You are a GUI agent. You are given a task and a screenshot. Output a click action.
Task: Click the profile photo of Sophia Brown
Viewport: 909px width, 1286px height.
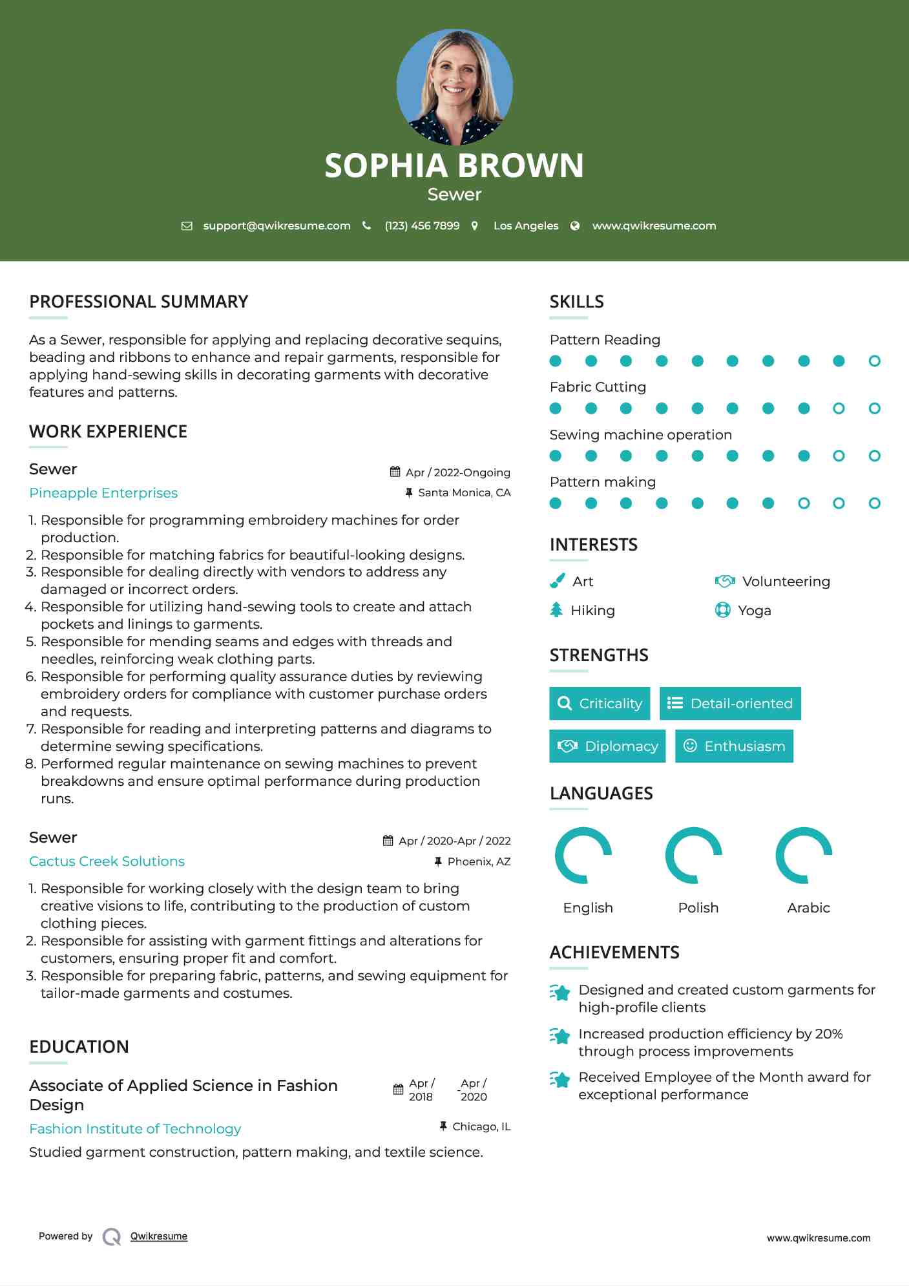[454, 87]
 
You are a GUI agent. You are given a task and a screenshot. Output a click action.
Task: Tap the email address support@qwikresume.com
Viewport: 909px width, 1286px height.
[277, 226]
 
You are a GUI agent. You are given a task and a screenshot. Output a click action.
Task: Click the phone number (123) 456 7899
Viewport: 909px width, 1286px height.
[422, 226]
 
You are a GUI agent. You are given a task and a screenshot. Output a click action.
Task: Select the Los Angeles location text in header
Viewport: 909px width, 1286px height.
[525, 226]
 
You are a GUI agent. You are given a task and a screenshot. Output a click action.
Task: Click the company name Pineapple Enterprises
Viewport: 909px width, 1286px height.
[103, 493]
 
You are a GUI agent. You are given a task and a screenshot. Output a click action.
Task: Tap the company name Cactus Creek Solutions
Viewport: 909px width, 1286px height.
[107, 861]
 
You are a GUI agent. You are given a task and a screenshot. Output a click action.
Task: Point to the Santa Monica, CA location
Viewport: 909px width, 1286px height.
[464, 493]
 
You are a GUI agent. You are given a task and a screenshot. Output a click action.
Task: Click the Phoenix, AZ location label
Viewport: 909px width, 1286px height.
[479, 861]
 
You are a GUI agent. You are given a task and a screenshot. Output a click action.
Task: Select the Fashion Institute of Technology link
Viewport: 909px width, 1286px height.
[135, 1129]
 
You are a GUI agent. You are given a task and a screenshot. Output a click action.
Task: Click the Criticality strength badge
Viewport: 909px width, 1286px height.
[600, 703]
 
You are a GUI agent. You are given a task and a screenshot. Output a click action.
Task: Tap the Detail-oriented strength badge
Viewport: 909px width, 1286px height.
[730, 703]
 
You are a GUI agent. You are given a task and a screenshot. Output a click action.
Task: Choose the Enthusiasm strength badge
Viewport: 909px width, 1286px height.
[734, 746]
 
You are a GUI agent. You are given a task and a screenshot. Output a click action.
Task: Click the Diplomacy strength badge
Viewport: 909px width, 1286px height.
[607, 746]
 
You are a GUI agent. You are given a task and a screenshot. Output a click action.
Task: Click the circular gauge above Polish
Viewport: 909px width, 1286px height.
[693, 855]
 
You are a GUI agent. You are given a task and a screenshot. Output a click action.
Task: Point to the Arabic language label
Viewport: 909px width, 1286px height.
[808, 908]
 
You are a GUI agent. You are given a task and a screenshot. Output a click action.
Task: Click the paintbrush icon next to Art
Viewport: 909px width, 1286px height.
[557, 581]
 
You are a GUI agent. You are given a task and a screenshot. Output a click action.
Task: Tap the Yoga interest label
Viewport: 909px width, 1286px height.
[754, 611]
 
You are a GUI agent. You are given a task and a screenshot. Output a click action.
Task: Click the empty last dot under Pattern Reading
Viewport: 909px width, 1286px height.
[874, 361]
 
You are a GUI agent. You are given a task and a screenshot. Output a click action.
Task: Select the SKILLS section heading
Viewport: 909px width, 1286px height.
[576, 302]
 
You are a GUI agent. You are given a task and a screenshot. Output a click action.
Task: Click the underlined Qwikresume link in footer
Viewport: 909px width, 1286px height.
[159, 1236]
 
